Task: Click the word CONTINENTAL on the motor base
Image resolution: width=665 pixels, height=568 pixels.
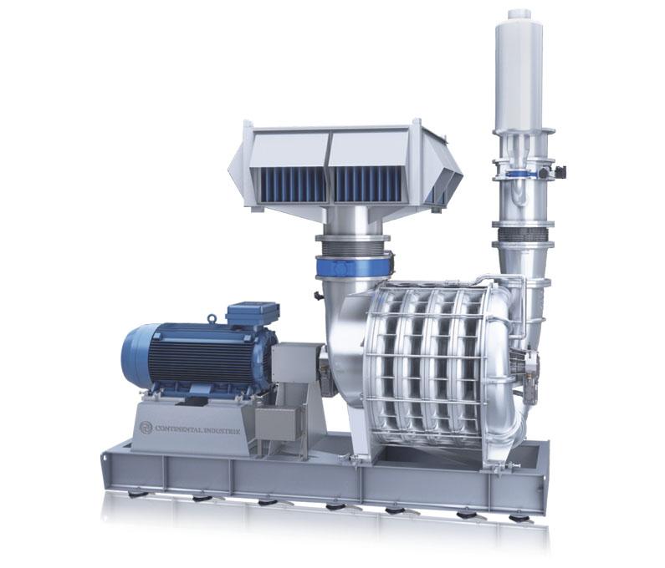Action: pyautogui.click(x=180, y=429)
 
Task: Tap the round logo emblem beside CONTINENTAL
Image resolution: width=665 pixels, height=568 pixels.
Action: pyautogui.click(x=146, y=428)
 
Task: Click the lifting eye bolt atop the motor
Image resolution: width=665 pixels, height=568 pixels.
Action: pyautogui.click(x=211, y=318)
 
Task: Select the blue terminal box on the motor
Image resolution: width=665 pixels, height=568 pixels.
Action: pyautogui.click(x=253, y=314)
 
